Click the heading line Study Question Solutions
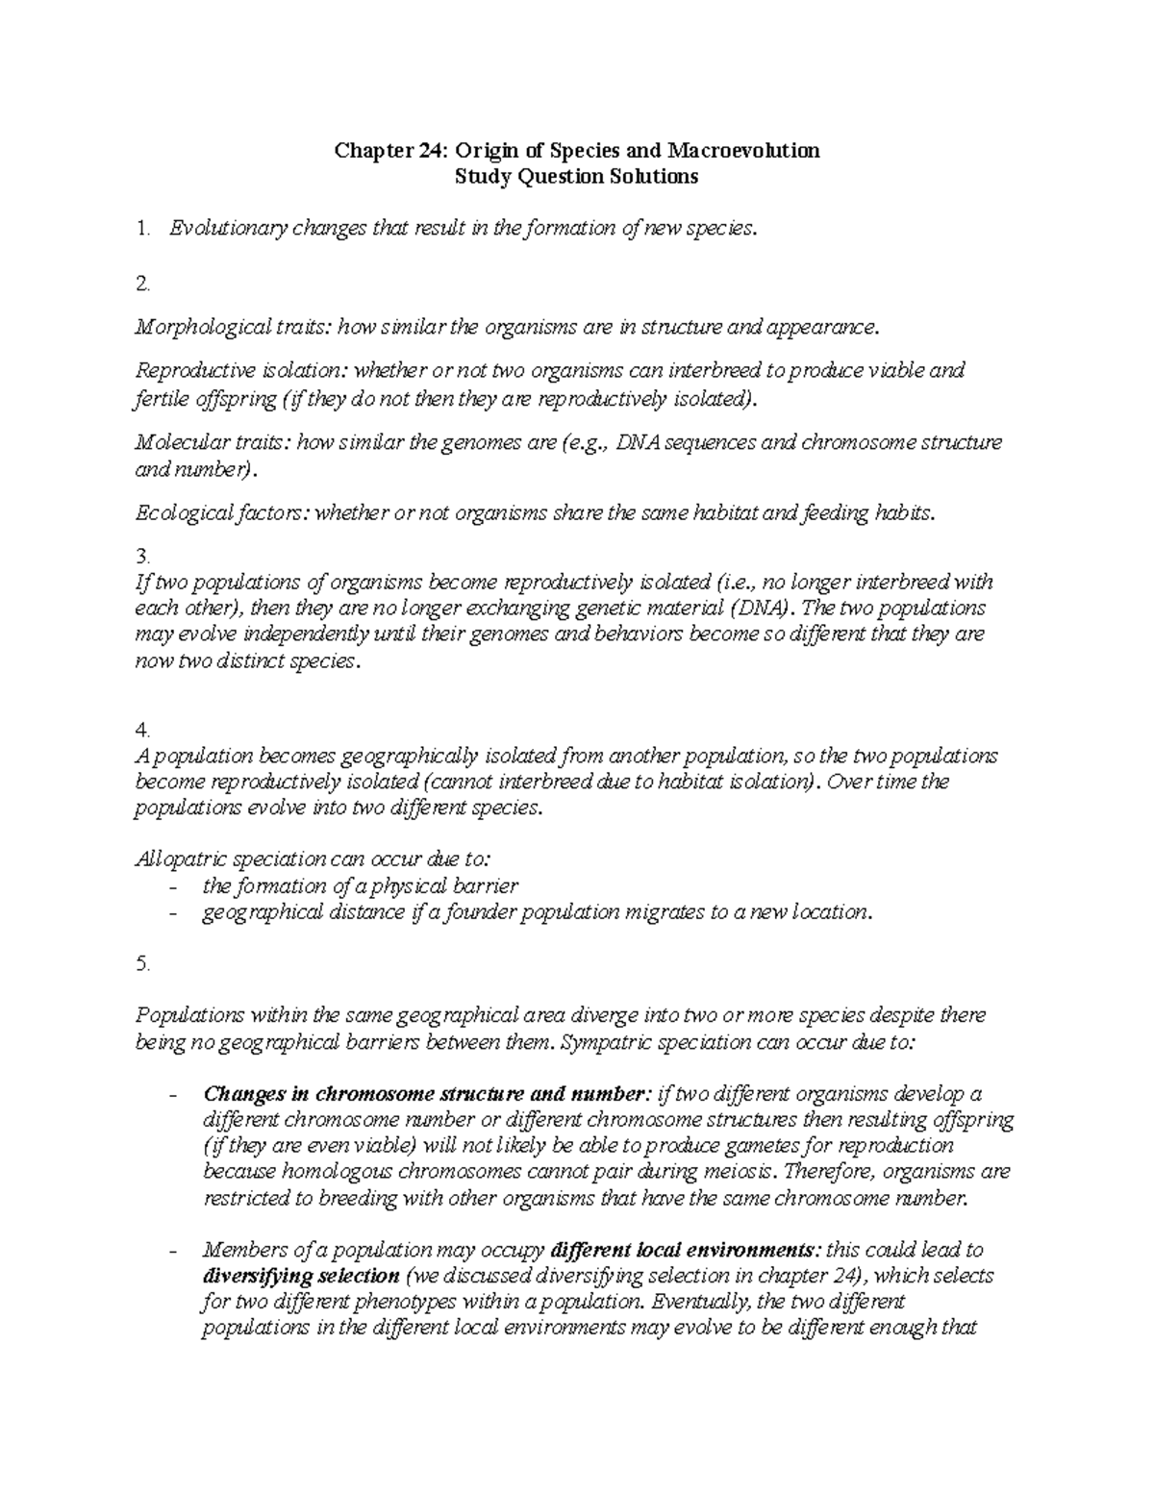tap(576, 177)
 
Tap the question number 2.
tap(143, 284)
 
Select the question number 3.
tap(143, 557)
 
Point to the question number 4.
tap(143, 731)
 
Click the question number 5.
tap(143, 964)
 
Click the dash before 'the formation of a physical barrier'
tap(173, 886)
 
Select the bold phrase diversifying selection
tap(301, 1277)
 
